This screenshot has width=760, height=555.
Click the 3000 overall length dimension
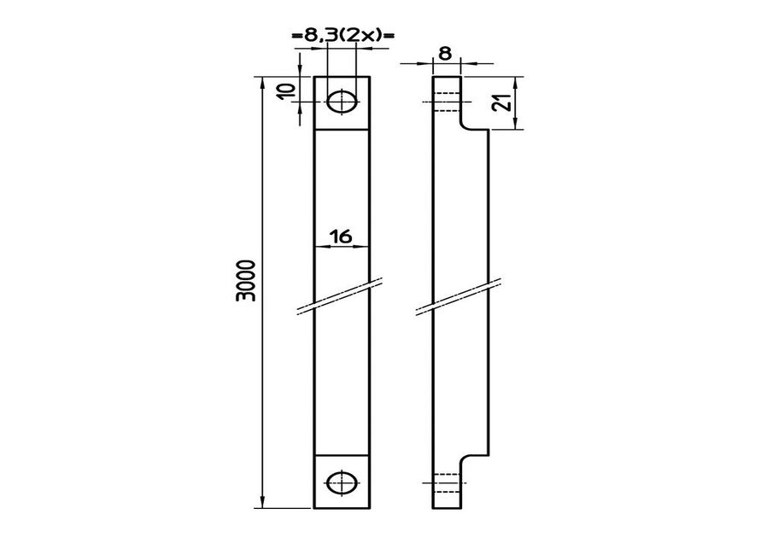245,281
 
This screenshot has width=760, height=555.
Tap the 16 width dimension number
342,237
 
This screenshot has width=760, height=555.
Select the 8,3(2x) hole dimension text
343,35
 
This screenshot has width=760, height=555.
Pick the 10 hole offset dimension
287,91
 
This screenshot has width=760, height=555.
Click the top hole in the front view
342,102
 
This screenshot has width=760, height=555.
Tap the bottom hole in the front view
342,482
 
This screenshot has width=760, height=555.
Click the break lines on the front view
340,296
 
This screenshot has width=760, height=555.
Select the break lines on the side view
459,296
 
